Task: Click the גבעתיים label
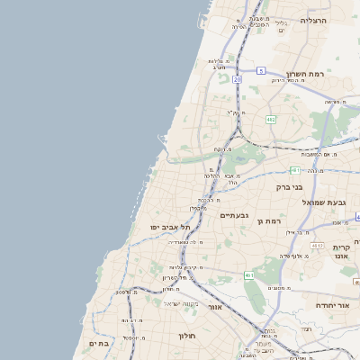click(x=233, y=214)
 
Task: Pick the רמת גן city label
click(x=269, y=220)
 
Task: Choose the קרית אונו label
click(x=341, y=251)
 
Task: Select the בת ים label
click(x=98, y=343)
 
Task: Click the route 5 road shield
click(x=260, y=69)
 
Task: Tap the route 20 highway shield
click(x=237, y=79)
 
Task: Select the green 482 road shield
click(x=271, y=119)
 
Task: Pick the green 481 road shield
click(x=294, y=169)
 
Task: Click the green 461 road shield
click(x=248, y=275)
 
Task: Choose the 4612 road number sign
click(x=317, y=245)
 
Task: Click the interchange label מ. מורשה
click(x=336, y=102)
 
